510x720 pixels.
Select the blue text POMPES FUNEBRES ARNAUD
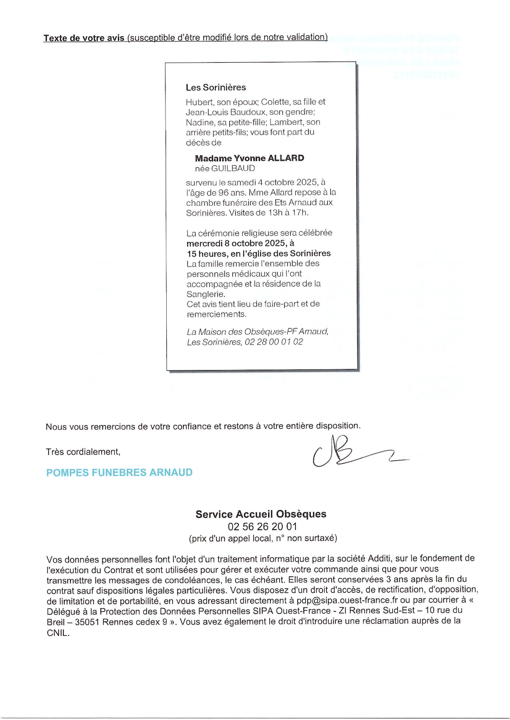pyautogui.click(x=119, y=472)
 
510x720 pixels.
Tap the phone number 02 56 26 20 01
pyautogui.click(x=262, y=526)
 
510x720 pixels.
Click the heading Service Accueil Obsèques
pyautogui.click(x=261, y=514)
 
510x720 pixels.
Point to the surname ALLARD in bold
pyautogui.click(x=286, y=158)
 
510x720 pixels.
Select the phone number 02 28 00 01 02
pyautogui.click(x=274, y=342)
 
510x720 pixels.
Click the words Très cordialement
pyautogui.click(x=83, y=452)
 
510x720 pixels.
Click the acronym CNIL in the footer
pyautogui.click(x=57, y=633)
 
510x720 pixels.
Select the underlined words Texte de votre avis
pyautogui.click(x=84, y=38)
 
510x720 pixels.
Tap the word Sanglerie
pyautogui.click(x=206, y=294)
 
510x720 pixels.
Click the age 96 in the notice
pyautogui.click(x=223, y=192)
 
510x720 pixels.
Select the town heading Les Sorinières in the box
pyautogui.click(x=216, y=87)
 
